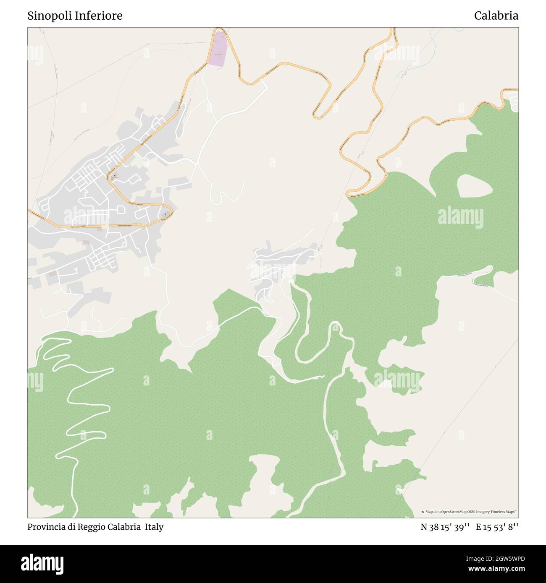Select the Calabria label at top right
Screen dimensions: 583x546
(x=496, y=16)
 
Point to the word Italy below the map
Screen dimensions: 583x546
(x=154, y=527)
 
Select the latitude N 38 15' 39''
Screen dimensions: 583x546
(x=445, y=527)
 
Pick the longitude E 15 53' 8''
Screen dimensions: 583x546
(x=497, y=527)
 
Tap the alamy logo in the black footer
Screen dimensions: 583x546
(x=42, y=564)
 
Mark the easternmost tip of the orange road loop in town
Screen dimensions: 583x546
(x=173, y=211)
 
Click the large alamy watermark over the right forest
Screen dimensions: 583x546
(x=460, y=217)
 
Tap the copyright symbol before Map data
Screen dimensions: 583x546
(x=423, y=512)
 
